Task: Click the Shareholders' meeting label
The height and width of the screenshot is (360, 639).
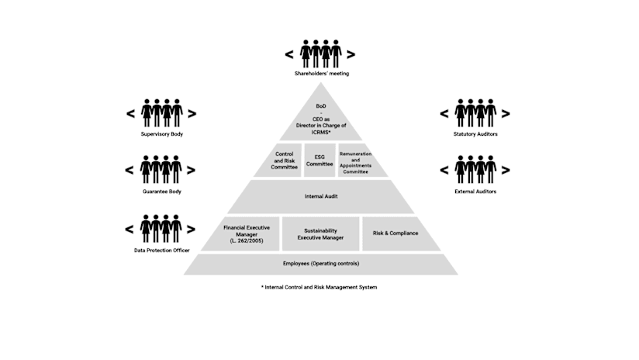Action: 321,74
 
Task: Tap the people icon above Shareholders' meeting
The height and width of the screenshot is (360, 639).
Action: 320,54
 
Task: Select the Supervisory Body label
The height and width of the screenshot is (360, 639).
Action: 161,134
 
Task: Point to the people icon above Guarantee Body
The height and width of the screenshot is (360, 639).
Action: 161,169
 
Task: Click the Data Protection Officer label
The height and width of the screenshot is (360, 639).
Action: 161,251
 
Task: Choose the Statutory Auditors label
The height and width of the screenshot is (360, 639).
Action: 475,134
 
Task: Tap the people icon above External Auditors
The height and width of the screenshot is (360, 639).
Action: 475,169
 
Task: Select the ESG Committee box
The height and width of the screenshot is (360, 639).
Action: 319,161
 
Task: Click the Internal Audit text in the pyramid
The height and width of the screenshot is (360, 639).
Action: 320,196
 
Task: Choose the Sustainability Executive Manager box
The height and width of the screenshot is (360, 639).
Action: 320,234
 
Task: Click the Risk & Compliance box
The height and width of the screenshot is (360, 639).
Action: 395,233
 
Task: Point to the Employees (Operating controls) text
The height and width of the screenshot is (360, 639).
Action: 320,264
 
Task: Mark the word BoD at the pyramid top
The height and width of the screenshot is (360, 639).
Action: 321,106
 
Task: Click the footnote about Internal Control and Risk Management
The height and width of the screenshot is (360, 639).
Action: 319,287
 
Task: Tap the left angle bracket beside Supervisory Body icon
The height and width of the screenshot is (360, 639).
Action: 130,113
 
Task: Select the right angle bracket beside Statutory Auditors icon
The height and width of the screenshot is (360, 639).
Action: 506,113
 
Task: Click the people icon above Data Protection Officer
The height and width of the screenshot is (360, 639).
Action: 161,229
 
